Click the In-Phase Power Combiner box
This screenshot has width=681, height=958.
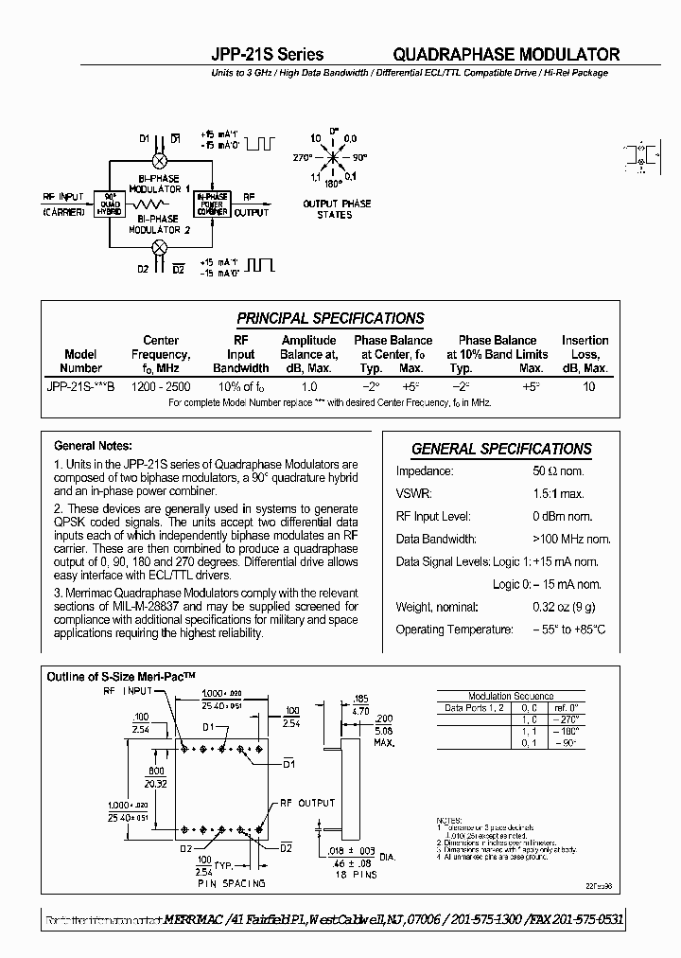(x=212, y=204)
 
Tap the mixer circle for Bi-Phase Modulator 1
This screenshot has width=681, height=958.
(x=160, y=161)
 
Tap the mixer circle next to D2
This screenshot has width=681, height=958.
(x=160, y=247)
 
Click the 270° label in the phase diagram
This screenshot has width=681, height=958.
(x=303, y=157)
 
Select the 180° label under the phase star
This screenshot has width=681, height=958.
(x=335, y=186)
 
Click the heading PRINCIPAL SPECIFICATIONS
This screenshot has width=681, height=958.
(x=330, y=319)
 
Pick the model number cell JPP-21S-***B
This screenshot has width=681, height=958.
(x=81, y=386)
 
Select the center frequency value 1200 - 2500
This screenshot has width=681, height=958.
(x=161, y=386)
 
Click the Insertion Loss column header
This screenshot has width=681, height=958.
(x=585, y=354)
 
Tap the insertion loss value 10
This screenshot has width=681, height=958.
(x=588, y=386)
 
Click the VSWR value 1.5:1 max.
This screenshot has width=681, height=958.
(x=558, y=494)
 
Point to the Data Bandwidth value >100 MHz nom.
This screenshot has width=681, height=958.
(x=572, y=540)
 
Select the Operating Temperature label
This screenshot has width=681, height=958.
(x=454, y=630)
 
